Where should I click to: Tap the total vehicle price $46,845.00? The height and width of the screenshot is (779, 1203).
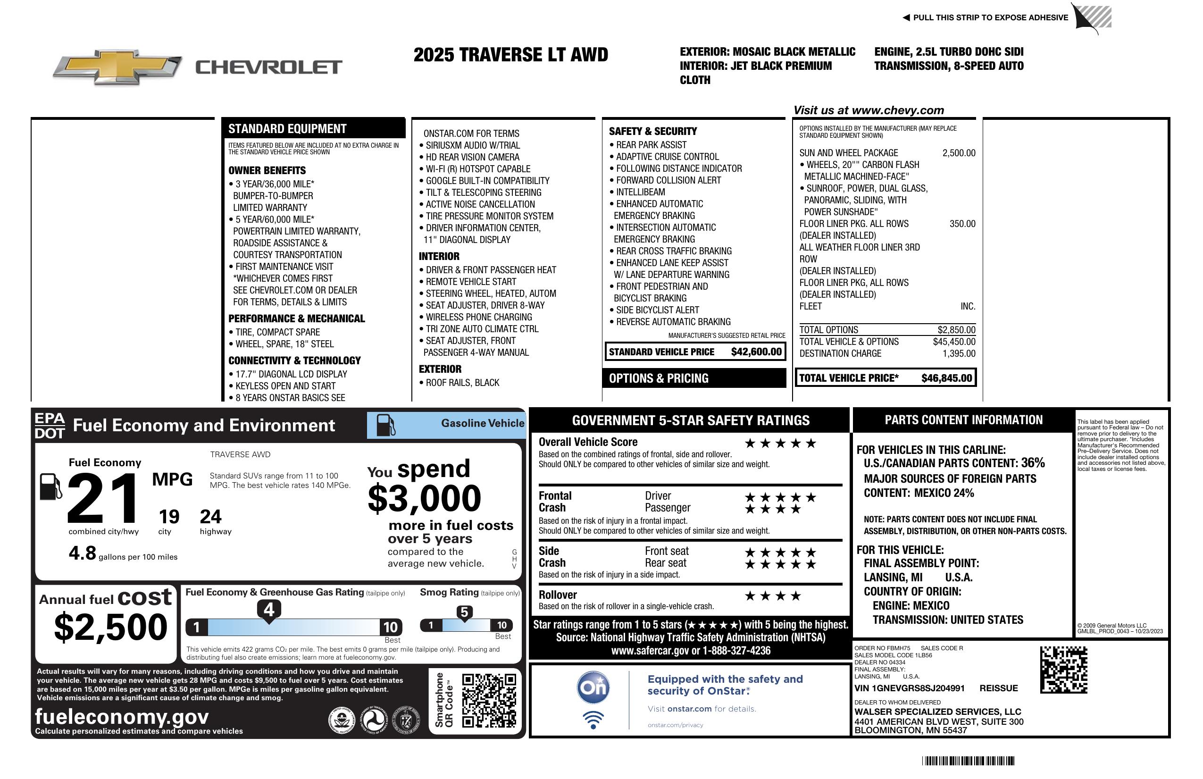tap(946, 378)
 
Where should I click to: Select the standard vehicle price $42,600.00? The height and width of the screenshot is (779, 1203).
tap(756, 352)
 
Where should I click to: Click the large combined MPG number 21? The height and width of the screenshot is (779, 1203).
tap(103, 498)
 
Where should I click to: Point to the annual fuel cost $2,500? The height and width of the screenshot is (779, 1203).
tap(110, 627)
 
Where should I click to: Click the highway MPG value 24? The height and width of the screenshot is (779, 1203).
tap(210, 517)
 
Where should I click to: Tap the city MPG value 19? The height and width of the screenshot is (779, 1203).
tap(169, 517)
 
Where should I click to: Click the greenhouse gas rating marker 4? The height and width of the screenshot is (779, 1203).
tap(269, 610)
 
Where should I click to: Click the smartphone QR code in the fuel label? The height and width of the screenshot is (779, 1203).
tap(489, 700)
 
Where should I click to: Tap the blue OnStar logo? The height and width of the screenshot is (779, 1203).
tap(593, 687)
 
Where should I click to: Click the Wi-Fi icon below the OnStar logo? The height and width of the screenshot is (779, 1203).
tap(593, 720)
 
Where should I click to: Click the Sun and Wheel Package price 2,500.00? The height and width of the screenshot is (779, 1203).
tap(958, 153)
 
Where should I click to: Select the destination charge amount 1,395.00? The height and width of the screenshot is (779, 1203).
tap(958, 354)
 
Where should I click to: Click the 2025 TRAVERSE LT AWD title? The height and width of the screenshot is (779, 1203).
tap(510, 55)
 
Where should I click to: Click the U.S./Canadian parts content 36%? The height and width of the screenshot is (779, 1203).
tap(1032, 463)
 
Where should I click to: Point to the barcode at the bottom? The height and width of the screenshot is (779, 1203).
tap(968, 761)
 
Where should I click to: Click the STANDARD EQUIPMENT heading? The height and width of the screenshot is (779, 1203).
tap(287, 129)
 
